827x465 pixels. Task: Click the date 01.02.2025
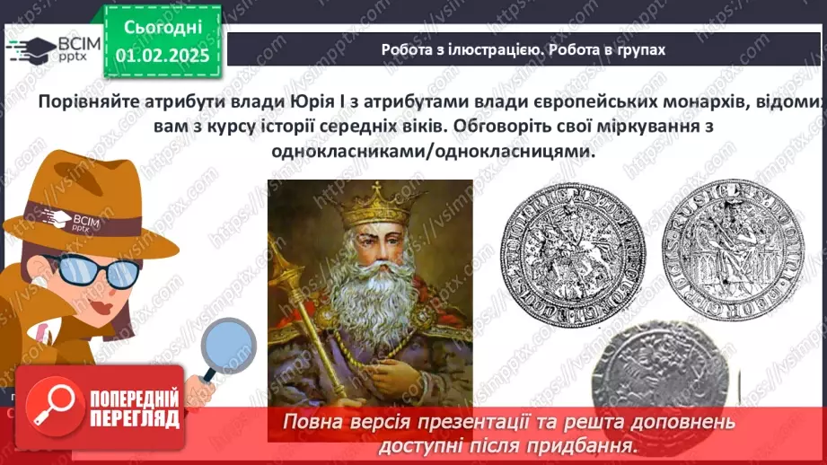(162, 55)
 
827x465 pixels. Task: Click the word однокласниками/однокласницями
(434, 152)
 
